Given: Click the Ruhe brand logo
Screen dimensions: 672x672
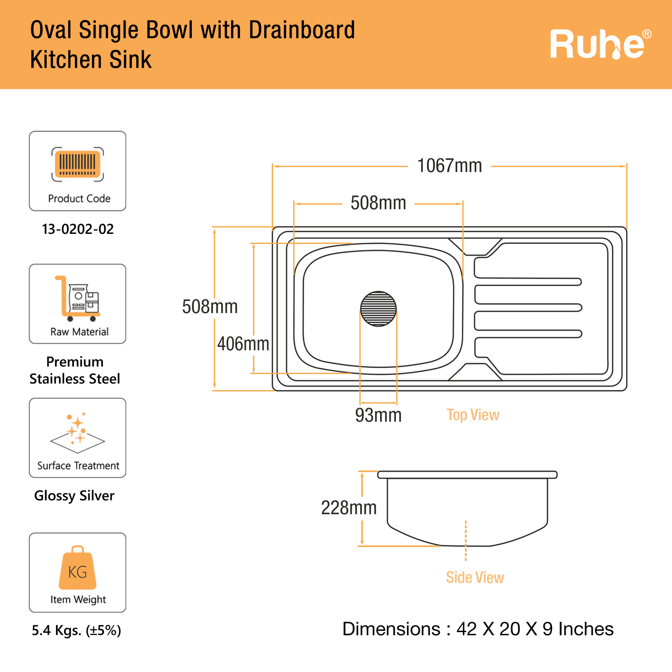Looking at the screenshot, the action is click(x=601, y=44).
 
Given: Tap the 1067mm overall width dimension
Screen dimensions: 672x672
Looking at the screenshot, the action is click(x=449, y=166).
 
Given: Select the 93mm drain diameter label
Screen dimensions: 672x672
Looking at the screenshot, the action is click(x=379, y=415).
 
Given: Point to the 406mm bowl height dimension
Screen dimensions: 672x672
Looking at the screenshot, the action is click(x=243, y=344).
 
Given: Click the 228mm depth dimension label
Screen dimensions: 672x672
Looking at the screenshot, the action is click(x=349, y=508).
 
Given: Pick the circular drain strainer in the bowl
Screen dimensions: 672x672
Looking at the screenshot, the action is click(x=379, y=309).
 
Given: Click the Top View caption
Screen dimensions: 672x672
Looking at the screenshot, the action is click(x=473, y=415).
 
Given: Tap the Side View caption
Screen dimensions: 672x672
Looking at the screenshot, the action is click(x=475, y=577).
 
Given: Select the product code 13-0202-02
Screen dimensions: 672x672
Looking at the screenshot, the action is click(x=78, y=229).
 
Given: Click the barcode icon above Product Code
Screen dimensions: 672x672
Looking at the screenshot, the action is click(x=78, y=164).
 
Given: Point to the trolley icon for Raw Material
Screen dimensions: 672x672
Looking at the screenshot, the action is click(x=77, y=299).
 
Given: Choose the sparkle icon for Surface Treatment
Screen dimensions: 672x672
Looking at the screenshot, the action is click(x=78, y=432).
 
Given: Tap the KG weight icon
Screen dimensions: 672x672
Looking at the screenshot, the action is click(x=78, y=568).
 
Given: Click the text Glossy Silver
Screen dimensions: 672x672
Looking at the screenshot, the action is click(x=74, y=496).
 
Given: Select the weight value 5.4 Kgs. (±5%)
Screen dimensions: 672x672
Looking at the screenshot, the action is click(x=77, y=630).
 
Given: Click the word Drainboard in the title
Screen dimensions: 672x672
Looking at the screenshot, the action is click(x=302, y=30).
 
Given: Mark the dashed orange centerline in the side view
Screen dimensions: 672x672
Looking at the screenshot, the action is click(x=466, y=541).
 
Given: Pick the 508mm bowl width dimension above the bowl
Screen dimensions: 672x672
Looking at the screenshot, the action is click(x=378, y=203).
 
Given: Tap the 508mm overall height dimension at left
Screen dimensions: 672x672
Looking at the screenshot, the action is click(x=210, y=307).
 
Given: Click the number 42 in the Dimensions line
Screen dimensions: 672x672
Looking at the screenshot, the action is click(x=466, y=629).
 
